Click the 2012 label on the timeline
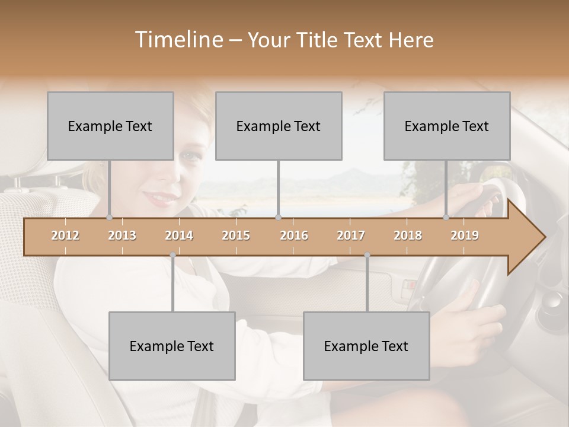tap(65, 235)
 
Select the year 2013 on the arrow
tap(122, 235)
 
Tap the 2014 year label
tap(179, 235)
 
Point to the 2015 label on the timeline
tap(236, 235)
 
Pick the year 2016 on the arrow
tap(294, 235)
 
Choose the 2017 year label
tap(351, 235)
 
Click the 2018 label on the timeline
tap(408, 235)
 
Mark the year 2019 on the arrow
tap(465, 235)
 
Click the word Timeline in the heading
tap(177, 40)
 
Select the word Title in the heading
tap(319, 40)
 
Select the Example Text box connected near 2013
tap(110, 126)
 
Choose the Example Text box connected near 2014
tap(172, 346)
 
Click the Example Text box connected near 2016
tap(279, 126)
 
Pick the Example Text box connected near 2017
tap(366, 346)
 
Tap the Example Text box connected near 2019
tap(447, 126)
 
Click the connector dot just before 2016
tap(279, 218)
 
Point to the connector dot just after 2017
tap(367, 255)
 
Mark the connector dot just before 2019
tap(446, 218)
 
